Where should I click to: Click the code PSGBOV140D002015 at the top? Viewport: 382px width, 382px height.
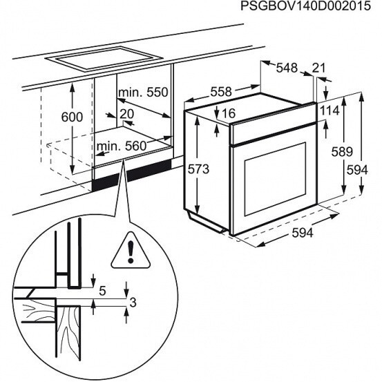coord(300,8)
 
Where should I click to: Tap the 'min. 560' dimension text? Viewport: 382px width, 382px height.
coord(123,146)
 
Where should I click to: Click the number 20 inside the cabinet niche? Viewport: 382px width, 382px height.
coord(127,114)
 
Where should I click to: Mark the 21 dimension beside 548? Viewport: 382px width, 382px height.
coord(318,68)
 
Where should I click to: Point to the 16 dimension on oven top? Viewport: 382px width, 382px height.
coord(229,113)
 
